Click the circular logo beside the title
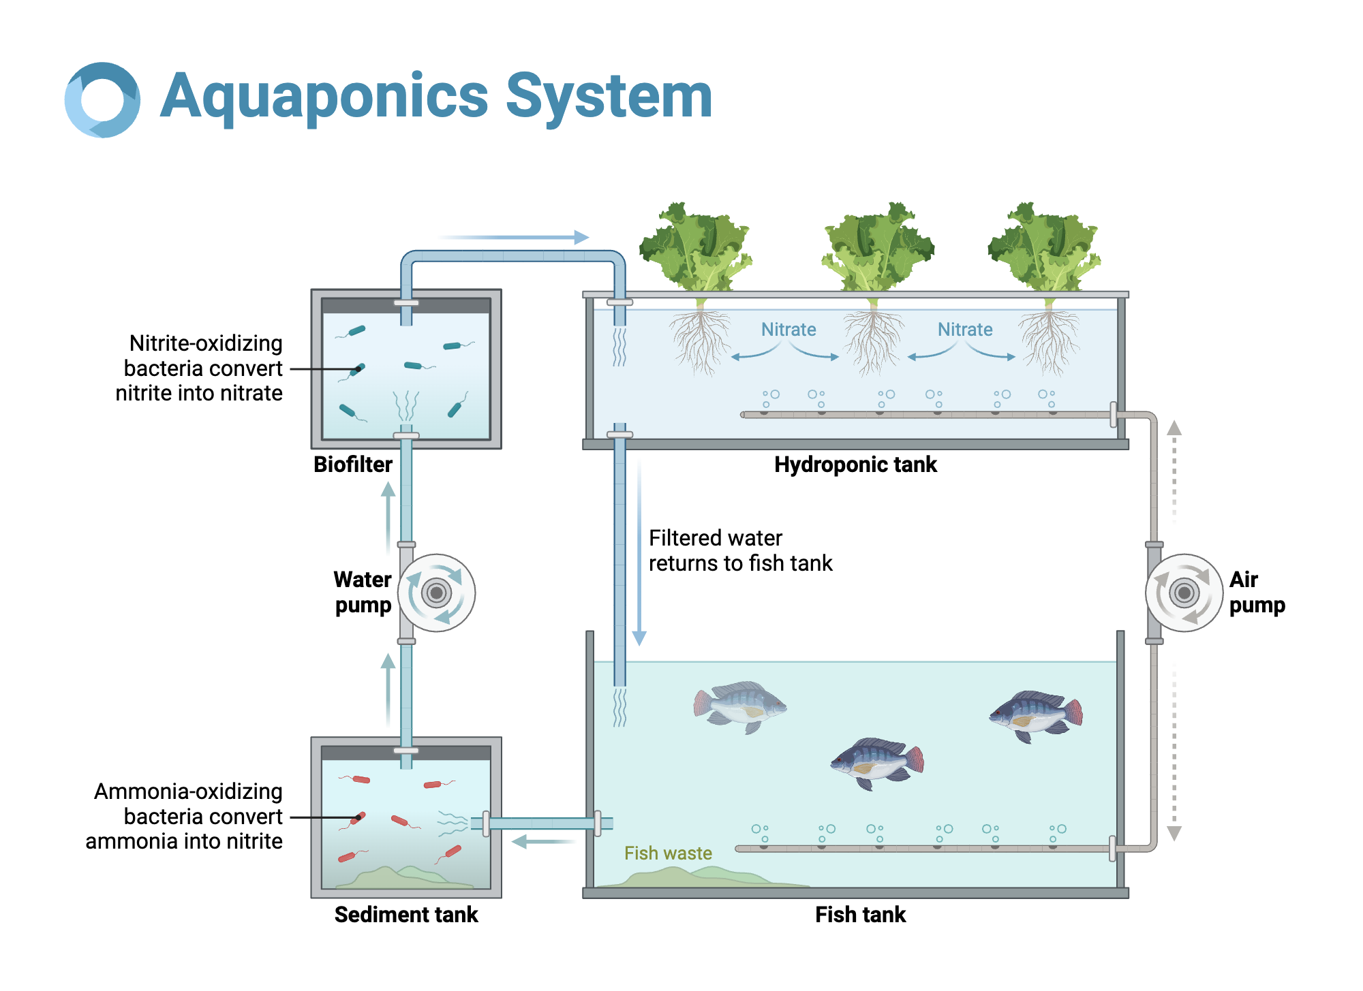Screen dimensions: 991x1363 [x=102, y=100]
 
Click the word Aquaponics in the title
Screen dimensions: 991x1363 [x=324, y=97]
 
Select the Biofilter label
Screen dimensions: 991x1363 [x=352, y=465]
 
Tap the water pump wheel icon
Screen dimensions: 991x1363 [x=436, y=593]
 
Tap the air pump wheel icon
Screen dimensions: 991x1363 [x=1184, y=593]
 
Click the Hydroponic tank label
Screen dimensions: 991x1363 [x=855, y=465]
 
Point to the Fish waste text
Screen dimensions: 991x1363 [x=668, y=853]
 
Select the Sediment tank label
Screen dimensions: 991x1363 [x=406, y=914]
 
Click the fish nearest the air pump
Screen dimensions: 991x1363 [x=1036, y=715]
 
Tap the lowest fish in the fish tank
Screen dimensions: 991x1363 [x=878, y=763]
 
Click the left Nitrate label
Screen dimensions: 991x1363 [x=788, y=330]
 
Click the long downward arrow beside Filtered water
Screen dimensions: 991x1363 [x=639, y=552]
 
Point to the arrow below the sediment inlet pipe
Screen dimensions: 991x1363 [x=543, y=842]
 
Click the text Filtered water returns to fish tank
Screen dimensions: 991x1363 [x=740, y=550]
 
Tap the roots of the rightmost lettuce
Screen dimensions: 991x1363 [x=1050, y=341]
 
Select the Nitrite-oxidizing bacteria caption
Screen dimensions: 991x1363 [x=199, y=368]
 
